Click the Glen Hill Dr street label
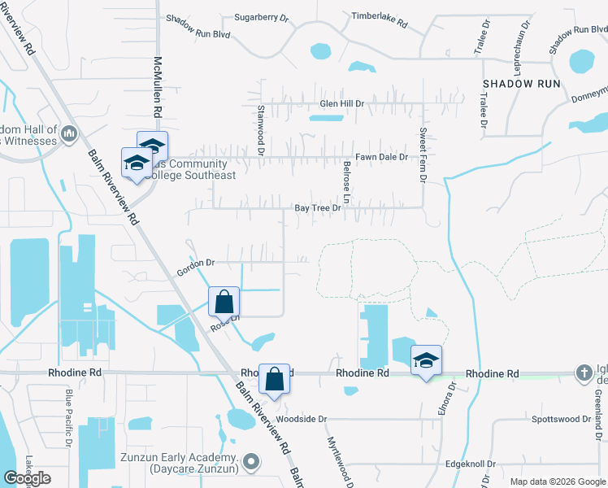pyautogui.click(x=341, y=104)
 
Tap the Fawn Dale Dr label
pyautogui.click(x=380, y=157)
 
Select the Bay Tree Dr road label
pyautogui.click(x=316, y=208)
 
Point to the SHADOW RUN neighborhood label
pyautogui.click(x=521, y=84)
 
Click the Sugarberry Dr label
pyautogui.click(x=261, y=16)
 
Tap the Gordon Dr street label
pyautogui.click(x=196, y=264)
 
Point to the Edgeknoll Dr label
pyautogui.click(x=470, y=464)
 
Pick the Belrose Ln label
pyautogui.click(x=345, y=186)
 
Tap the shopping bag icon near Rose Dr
pyautogui.click(x=224, y=302)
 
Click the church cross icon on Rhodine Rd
pyautogui.click(x=583, y=373)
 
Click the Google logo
pyautogui.click(x=27, y=478)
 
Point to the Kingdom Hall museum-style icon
pyautogui.click(x=68, y=133)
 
